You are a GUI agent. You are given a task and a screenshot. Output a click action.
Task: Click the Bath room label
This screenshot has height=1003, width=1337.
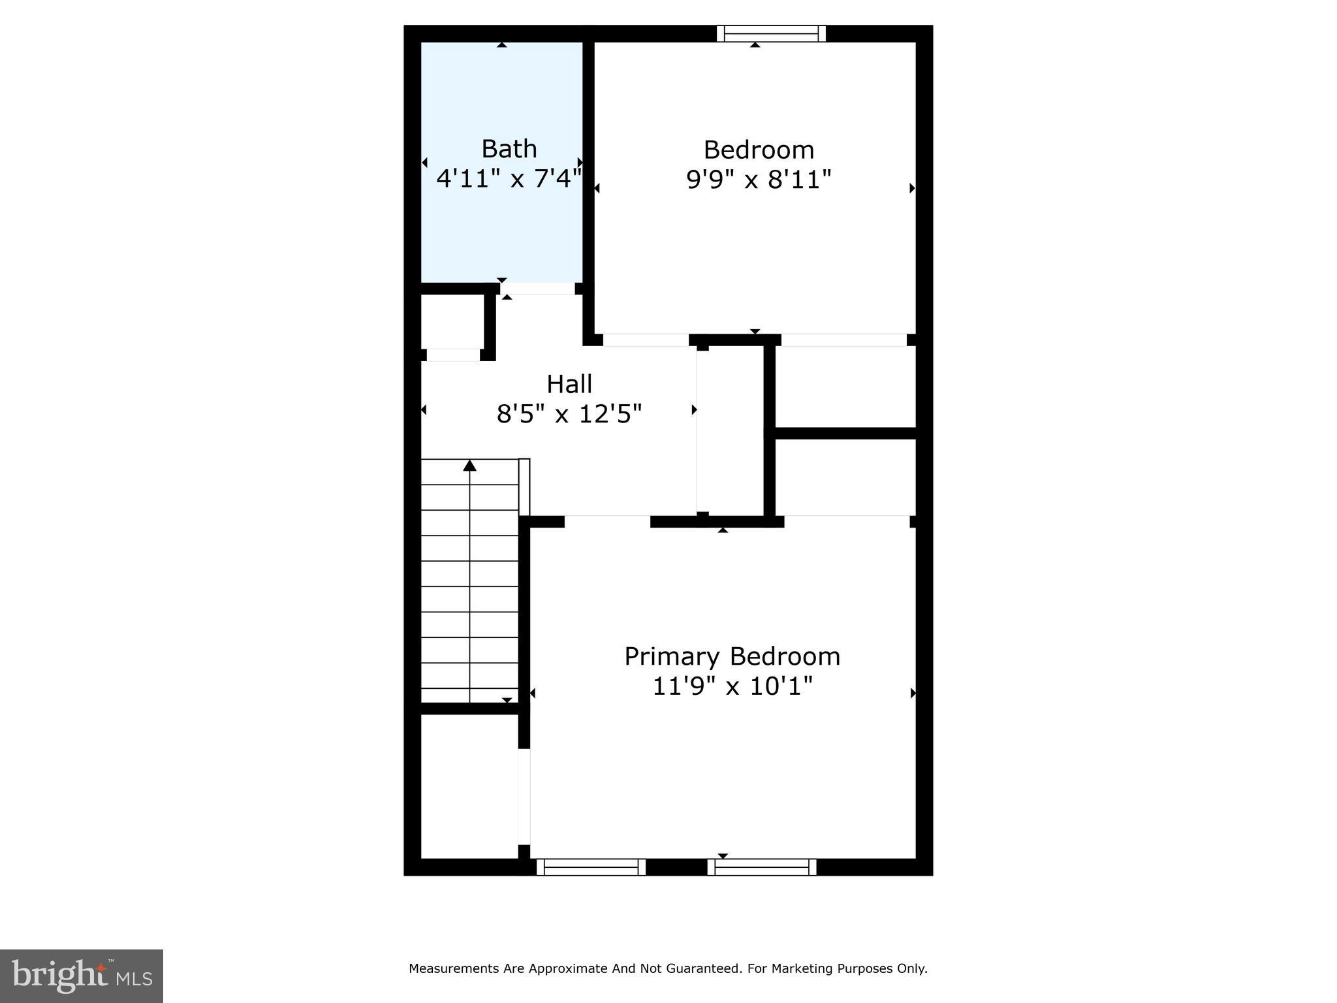tap(509, 149)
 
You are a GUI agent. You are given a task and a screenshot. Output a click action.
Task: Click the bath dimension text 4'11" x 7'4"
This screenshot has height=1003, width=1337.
tap(509, 178)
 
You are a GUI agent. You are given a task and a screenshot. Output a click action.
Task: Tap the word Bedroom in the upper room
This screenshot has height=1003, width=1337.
tap(759, 150)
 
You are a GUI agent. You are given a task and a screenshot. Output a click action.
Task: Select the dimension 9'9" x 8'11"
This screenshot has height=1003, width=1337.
tap(759, 180)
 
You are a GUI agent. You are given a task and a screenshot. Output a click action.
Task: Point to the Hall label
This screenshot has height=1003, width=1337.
tap(569, 384)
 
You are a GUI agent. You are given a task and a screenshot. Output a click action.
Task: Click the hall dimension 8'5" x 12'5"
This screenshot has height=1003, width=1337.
tap(569, 414)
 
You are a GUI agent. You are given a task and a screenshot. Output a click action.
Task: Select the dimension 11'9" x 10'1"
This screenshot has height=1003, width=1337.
tap(732, 686)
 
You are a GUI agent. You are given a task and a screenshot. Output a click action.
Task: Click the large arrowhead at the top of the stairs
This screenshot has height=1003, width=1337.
tap(469, 466)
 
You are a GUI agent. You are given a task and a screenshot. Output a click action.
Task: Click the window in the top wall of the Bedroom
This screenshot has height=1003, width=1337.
tap(771, 33)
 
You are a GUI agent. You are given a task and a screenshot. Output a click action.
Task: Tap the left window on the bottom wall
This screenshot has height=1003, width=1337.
tap(591, 867)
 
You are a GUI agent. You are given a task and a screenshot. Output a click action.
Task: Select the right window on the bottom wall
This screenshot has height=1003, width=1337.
tap(762, 867)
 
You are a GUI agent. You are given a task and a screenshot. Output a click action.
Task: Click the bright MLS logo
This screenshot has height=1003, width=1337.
tap(82, 976)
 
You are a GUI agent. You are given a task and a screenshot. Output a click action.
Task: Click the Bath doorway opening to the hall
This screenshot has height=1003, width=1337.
tap(537, 289)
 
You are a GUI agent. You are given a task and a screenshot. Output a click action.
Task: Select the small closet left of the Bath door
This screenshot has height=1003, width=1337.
tap(452, 321)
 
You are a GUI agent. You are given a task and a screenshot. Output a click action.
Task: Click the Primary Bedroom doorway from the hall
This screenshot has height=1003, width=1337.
tap(607, 521)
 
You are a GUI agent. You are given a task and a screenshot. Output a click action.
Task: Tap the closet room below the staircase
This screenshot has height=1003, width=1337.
tap(469, 786)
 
